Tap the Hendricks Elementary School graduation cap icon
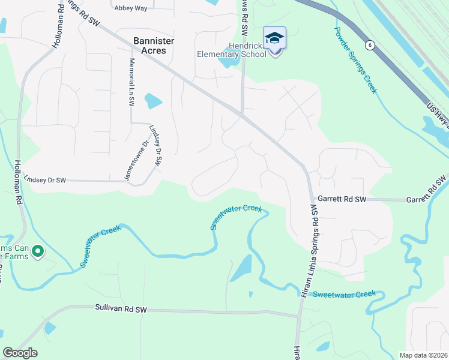click(275, 38)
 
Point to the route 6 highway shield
click(371, 45)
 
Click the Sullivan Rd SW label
click(121, 309)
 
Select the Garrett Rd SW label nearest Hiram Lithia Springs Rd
click(342, 199)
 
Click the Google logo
click(20, 353)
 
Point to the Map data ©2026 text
click(423, 355)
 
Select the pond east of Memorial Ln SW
click(154, 101)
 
